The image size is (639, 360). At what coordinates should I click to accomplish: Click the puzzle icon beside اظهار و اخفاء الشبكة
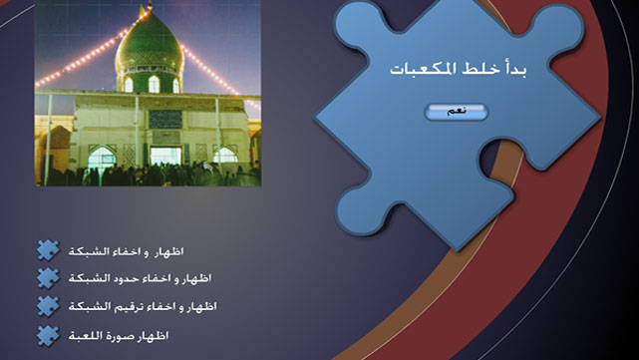pyautogui.click(x=48, y=250)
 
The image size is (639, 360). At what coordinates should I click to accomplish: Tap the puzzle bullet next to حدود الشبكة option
pyautogui.click(x=48, y=278)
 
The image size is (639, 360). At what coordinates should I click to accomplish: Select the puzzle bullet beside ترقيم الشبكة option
pyautogui.click(x=48, y=306)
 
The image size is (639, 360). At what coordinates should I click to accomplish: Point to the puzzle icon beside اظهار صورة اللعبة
pyautogui.click(x=48, y=334)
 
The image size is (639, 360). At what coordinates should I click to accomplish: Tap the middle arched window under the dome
pyautogui.click(x=154, y=84)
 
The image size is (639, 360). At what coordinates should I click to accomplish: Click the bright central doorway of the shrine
pyautogui.click(x=165, y=156)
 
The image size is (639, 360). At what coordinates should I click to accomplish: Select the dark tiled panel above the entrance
pyautogui.click(x=165, y=119)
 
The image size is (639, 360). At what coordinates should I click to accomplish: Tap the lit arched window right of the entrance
pyautogui.click(x=225, y=156)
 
